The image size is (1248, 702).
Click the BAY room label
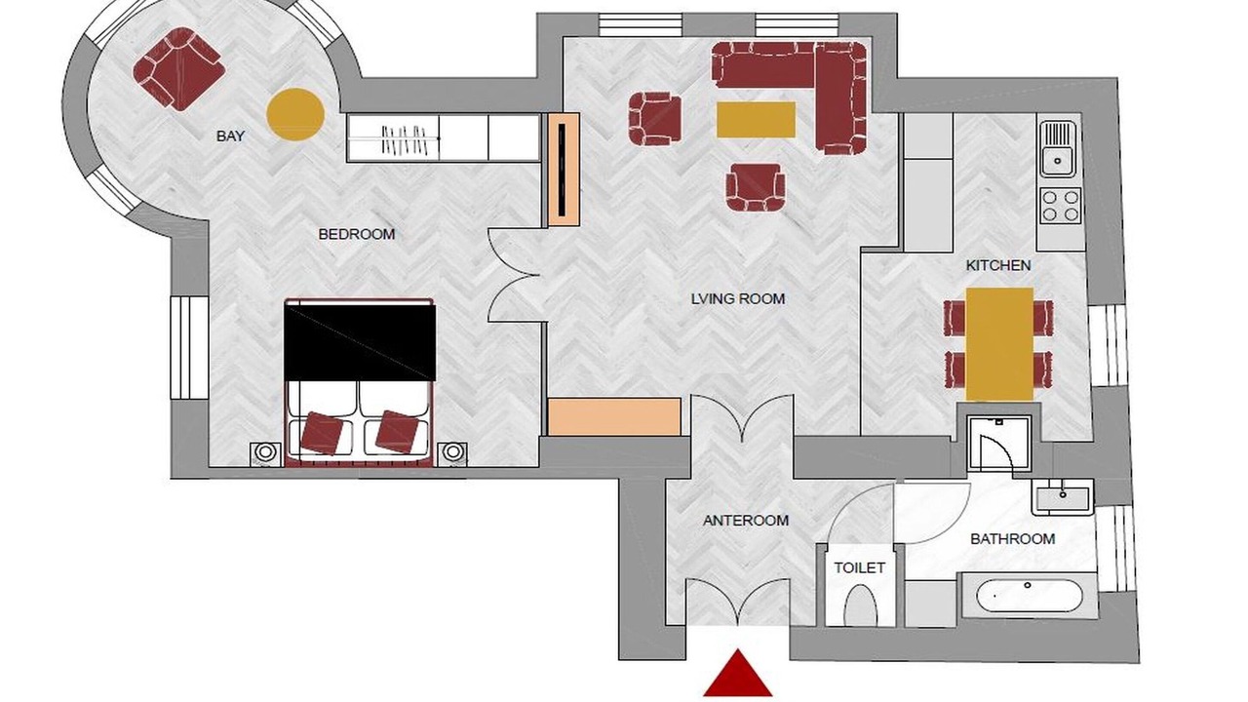point(231,136)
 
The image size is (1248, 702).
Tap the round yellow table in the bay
point(295,114)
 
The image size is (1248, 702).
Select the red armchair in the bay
point(178,69)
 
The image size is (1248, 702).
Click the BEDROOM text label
point(357,234)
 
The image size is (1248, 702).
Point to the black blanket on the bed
point(360,341)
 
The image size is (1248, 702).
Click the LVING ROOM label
point(738,298)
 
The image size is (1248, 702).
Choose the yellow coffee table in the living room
point(756,119)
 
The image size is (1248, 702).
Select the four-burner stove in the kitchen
point(1060,206)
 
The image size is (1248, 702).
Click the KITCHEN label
point(998,266)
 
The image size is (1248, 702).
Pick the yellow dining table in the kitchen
point(999,344)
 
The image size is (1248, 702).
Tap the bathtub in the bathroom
point(1030,595)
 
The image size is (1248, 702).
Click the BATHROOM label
point(1012,539)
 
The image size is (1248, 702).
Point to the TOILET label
point(860,567)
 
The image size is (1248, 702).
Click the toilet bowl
point(861,605)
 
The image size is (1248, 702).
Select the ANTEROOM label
point(746,521)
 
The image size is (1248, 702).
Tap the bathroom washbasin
point(1063,497)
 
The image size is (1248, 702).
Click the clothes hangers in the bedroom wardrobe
point(403,138)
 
